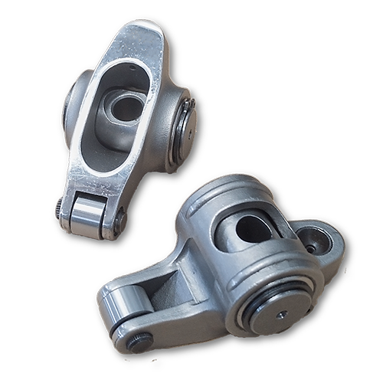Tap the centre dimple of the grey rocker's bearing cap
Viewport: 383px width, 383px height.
coord(282,313)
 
